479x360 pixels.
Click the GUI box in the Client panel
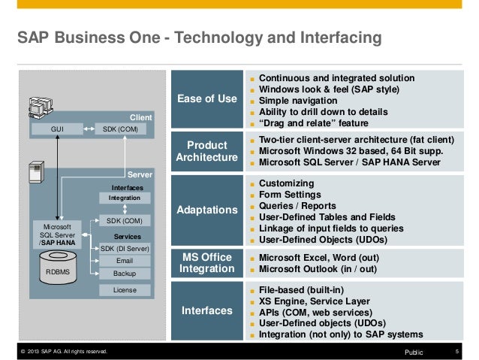(56, 129)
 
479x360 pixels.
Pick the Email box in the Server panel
(125, 261)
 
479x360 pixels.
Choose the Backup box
(125, 274)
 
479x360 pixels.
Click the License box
(125, 289)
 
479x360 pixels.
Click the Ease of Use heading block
(206, 99)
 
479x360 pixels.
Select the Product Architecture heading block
(206, 150)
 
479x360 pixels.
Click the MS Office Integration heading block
(206, 264)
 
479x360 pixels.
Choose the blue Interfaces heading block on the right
(206, 310)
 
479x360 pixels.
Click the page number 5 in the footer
(456, 351)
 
